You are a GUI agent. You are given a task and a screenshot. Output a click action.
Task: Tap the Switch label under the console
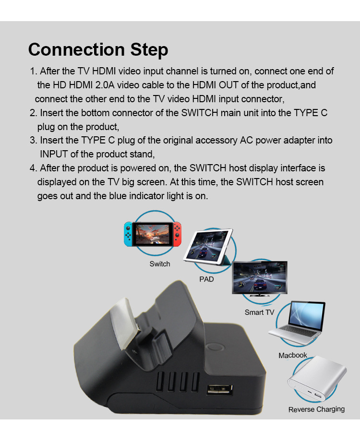coord(160,264)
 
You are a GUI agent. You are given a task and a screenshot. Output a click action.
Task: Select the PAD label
coord(207,279)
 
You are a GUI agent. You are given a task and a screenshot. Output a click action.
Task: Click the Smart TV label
coord(259,312)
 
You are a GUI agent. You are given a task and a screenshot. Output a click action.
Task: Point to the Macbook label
coord(293,355)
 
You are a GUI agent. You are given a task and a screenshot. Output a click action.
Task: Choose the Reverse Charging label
coord(316,409)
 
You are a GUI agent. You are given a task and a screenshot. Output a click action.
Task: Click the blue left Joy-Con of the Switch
coord(128,234)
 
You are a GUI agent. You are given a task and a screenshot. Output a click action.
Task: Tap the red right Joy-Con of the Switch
coord(177,234)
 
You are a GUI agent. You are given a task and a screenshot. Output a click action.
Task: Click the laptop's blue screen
coord(307,315)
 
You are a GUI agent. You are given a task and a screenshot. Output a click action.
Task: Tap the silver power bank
coord(317,378)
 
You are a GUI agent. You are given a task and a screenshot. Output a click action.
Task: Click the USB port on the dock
coord(220,390)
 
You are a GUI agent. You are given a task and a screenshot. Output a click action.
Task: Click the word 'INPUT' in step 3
coord(54,154)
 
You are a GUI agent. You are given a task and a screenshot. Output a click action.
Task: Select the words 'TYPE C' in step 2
coord(311,113)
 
